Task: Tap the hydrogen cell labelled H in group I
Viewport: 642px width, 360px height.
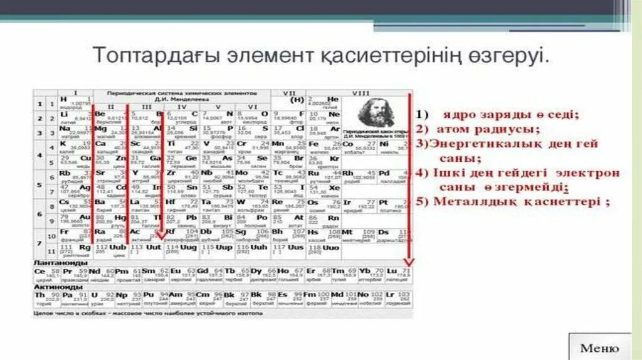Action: pyautogui.click(x=75, y=102)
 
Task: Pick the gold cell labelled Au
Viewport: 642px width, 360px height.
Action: pyautogui.click(x=75, y=217)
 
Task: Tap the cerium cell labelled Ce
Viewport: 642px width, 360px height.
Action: pyautogui.click(x=47, y=273)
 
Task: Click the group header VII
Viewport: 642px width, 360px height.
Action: pyautogui.click(x=288, y=93)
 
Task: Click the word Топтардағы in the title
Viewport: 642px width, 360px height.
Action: pyautogui.click(x=145, y=55)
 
